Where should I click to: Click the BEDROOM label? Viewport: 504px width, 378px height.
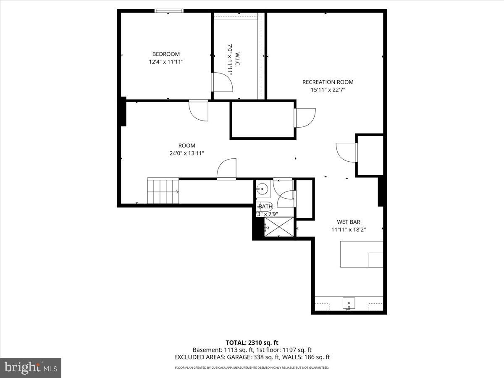click(166, 54)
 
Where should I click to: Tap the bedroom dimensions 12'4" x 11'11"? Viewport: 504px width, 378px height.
click(166, 62)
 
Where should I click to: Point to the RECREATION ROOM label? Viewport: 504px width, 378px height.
click(328, 82)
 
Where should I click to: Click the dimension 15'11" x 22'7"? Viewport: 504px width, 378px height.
click(328, 89)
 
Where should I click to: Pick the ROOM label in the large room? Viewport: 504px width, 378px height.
click(186, 146)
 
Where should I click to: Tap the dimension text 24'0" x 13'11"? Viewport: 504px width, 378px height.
click(186, 153)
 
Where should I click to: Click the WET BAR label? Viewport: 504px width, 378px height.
click(348, 222)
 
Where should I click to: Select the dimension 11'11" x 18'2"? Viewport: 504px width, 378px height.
click(348, 230)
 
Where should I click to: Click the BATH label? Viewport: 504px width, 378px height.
click(265, 207)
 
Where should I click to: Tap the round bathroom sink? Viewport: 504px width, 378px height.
click(263, 189)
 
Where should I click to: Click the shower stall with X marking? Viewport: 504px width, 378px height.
click(279, 227)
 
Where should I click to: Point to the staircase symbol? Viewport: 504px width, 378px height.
click(163, 191)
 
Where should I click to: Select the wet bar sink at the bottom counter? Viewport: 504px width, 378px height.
click(349, 303)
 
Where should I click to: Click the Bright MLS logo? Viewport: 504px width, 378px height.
click(31, 367)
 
